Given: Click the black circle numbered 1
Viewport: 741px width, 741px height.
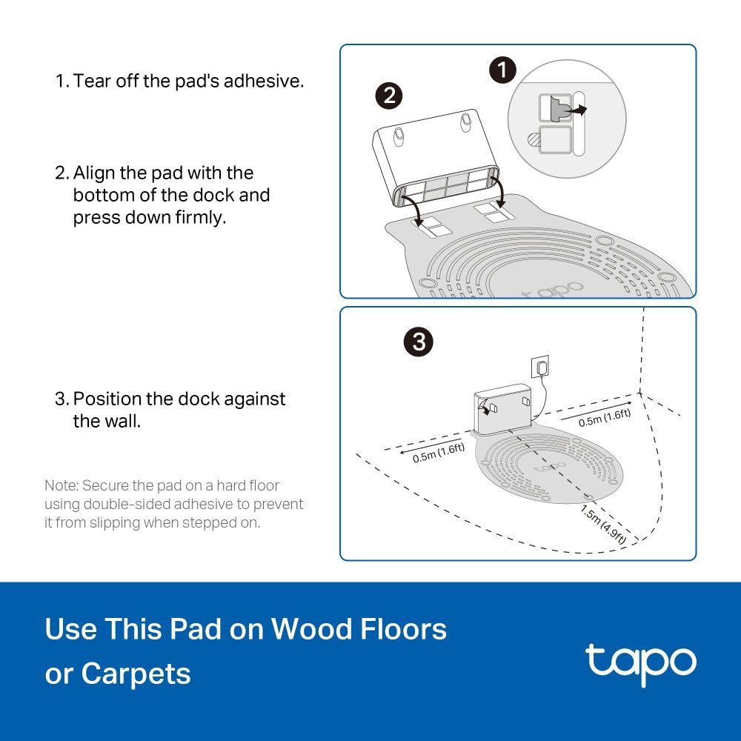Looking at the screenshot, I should [x=503, y=71].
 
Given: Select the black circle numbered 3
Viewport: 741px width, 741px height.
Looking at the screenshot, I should [x=419, y=342].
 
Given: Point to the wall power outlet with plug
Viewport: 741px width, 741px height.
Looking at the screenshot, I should [x=542, y=367].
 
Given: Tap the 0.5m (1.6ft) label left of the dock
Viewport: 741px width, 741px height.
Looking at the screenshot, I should [x=439, y=452].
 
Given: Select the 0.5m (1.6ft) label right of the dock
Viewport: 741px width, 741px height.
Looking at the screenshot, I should [x=605, y=417].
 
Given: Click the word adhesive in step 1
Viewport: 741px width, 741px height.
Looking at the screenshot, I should [x=264, y=81].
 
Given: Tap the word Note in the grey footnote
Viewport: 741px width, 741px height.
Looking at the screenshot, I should [x=60, y=486].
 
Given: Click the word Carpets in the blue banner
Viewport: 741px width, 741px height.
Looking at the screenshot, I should [x=136, y=674].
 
